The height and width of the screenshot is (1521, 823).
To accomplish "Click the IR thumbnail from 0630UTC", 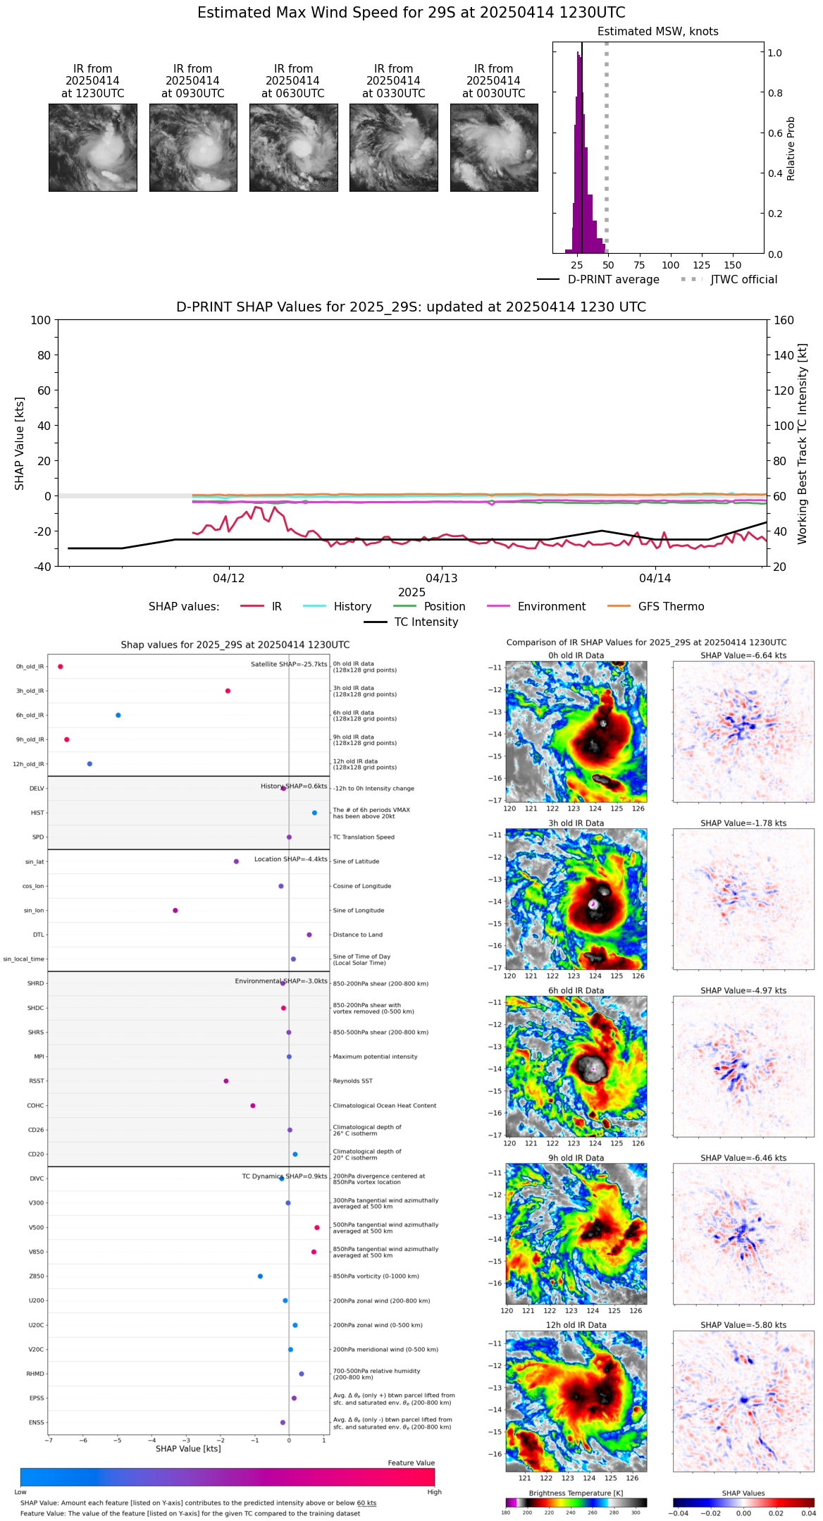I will (293, 147).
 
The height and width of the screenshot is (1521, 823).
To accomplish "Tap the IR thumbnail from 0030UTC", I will (494, 147).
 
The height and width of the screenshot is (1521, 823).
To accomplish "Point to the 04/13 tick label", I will (442, 578).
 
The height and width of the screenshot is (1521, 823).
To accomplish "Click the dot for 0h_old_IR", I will (61, 667).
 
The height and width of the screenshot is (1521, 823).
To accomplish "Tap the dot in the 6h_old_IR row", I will (118, 715).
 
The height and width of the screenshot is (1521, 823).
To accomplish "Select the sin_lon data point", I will (175, 911).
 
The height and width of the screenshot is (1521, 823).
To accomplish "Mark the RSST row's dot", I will (226, 1081).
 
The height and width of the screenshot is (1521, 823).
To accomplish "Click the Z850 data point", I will (260, 1276).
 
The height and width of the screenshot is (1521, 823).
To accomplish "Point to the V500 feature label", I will (36, 1228).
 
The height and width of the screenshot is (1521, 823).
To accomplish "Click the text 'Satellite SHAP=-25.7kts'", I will (289, 665).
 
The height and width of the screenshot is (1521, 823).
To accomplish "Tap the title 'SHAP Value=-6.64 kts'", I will (743, 655).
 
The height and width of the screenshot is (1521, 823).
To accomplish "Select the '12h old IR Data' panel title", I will (576, 1325).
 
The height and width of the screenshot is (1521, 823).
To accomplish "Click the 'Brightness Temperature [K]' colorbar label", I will (576, 1493).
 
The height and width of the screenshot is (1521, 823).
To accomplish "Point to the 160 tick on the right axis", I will (784, 320).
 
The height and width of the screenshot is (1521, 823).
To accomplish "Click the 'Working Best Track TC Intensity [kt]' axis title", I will (803, 444).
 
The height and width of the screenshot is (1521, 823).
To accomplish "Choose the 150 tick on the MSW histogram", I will (733, 265).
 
